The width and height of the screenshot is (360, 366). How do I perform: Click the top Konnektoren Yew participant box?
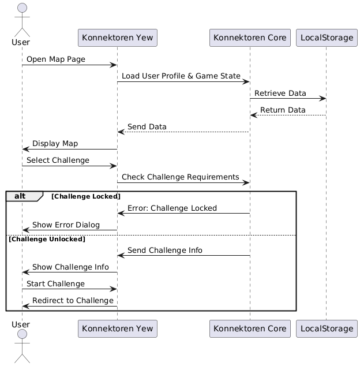pos(117,38)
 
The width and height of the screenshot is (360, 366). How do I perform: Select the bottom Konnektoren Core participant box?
pos(250,329)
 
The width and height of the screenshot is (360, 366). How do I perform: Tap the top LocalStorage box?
pos(326,38)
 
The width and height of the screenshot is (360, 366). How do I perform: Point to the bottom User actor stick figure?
pos(21,350)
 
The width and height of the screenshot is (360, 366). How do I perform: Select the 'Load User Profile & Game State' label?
pos(181,76)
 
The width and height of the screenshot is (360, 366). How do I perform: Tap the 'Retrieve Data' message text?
pos(280,93)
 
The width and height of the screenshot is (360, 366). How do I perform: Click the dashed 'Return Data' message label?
pos(283,110)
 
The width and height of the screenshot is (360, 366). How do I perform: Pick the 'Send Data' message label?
pos(147,126)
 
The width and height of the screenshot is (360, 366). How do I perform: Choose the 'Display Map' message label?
pos(55,143)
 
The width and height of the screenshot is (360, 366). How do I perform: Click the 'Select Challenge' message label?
pos(58,160)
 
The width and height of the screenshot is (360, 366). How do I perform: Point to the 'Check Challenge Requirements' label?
pos(181,177)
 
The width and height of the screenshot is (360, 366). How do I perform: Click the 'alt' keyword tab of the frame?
pos(20,196)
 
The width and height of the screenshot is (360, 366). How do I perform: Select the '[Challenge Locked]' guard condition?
pos(86,197)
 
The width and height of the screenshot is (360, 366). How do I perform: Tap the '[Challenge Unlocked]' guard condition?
pos(47,239)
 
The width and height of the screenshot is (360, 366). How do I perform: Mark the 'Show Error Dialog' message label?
pos(66,225)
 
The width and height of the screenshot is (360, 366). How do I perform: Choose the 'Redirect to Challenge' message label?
pos(73,300)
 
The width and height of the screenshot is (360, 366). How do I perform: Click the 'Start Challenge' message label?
pos(55,283)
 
